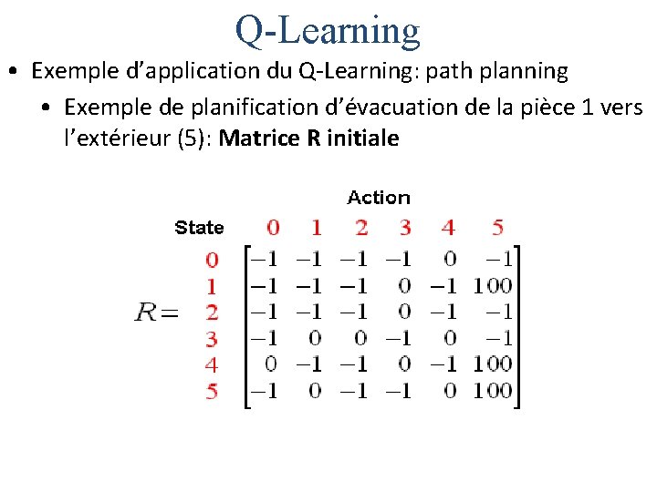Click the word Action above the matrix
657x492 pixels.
pyautogui.click(x=379, y=198)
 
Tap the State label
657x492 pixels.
pyautogui.click(x=199, y=228)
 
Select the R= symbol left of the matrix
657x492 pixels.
pyautogui.click(x=156, y=313)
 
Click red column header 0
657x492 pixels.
pyautogui.click(x=274, y=227)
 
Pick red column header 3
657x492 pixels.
pyautogui.click(x=405, y=227)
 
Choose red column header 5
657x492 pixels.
pyautogui.click(x=497, y=227)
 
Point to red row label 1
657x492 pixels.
pyautogui.click(x=212, y=286)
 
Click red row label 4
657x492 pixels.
pyautogui.click(x=212, y=365)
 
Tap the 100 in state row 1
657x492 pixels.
pyautogui.click(x=493, y=286)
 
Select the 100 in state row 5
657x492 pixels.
pyautogui.click(x=493, y=392)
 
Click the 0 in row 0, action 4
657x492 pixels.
pyautogui.click(x=449, y=260)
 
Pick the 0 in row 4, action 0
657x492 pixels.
pyautogui.click(x=271, y=365)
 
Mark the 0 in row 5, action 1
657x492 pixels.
pyautogui.click(x=316, y=392)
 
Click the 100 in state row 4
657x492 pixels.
pyautogui.click(x=493, y=365)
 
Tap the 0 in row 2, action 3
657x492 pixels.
pyautogui.click(x=405, y=313)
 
